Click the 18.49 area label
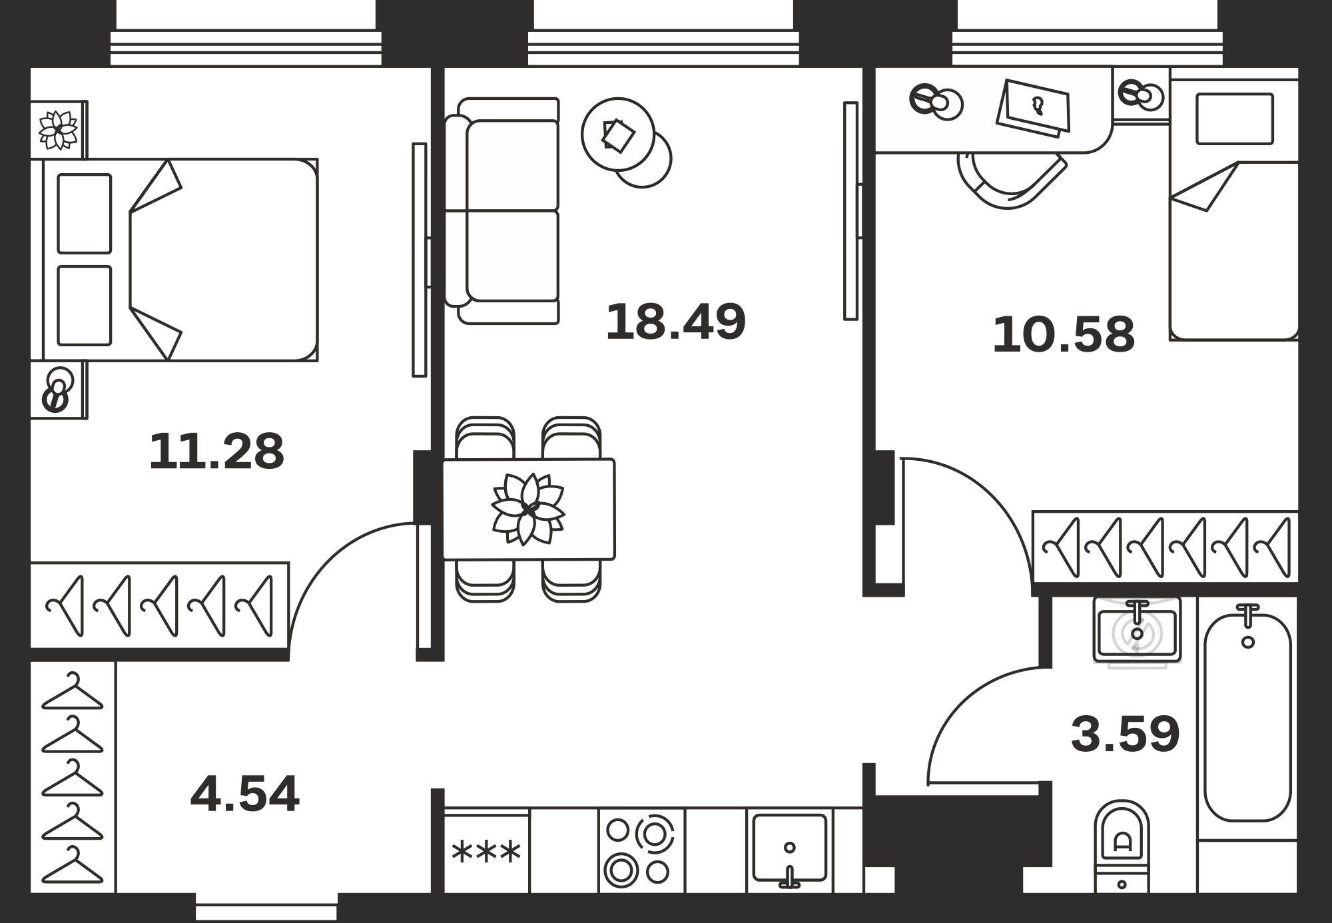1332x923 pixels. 675,322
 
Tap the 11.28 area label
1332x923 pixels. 216,452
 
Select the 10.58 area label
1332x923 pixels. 1063,335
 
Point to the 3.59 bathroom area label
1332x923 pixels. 1126,734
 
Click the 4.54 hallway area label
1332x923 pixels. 244,794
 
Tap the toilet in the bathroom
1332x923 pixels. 1122,846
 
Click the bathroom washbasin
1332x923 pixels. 1137,630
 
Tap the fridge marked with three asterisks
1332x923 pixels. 487,851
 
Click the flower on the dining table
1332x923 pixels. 528,509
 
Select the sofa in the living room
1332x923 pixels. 501,211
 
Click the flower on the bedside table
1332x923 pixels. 58,129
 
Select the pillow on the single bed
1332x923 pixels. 1235,119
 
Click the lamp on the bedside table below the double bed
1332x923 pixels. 58,390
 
